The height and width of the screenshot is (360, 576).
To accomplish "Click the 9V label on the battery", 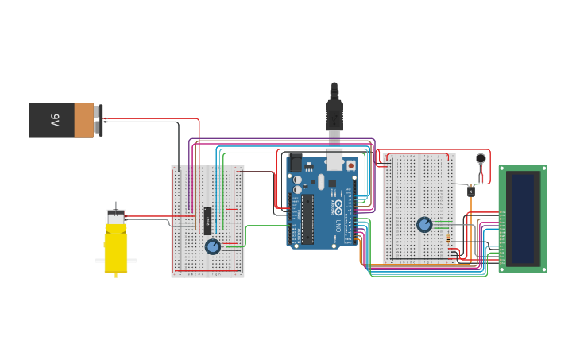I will coord(55,120).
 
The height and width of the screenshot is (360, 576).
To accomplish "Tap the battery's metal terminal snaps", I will coord(99,119).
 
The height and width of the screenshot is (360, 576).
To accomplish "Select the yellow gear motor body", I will coord(116,246).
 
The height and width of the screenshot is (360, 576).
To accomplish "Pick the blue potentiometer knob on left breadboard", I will coord(212,246).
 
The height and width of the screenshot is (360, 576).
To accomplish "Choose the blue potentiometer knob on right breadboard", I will coord(424,225).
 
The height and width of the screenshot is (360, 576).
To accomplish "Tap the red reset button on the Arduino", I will coord(350,165).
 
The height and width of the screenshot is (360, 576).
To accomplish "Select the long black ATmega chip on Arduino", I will coord(307,219).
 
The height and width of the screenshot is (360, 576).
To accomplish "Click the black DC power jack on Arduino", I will coord(296,165).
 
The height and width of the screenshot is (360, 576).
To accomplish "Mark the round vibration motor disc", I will coord(481,158).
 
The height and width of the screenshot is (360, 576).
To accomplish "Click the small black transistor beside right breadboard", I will coord(470,191).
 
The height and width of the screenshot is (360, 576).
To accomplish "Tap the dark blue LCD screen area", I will coord(523,219).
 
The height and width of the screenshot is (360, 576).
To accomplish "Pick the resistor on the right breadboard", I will coord(449,238).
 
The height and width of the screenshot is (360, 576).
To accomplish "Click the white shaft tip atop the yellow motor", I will coord(117,205).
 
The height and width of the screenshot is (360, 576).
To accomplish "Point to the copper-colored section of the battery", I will coord(84,120).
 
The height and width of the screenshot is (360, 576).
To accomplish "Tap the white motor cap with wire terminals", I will coord(116,216).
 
